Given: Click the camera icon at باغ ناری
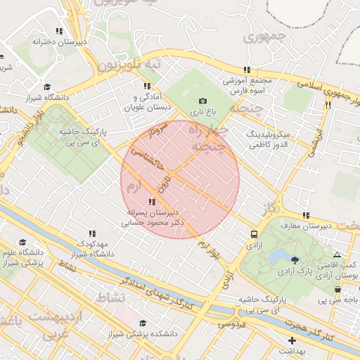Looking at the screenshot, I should coord(203,101).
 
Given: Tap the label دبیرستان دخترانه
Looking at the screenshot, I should coord(60,42).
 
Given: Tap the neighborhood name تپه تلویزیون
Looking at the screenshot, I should coord(129,66).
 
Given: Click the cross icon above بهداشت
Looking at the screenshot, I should coord(292,340).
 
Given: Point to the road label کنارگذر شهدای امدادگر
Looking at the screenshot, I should coord(157,293).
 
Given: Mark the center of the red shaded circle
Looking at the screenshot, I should coord(180,180).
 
